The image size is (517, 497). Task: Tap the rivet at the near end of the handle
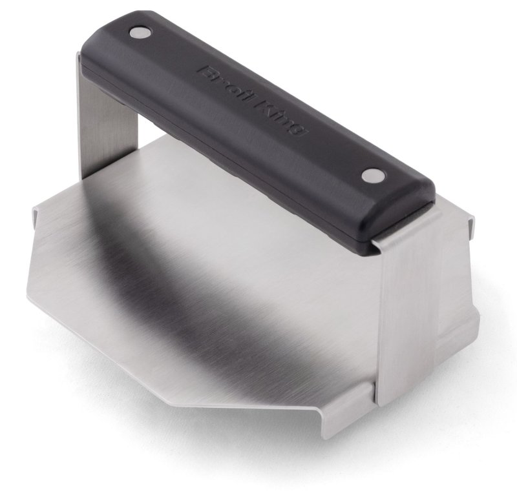point(373,175)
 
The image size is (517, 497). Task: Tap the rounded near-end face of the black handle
point(407,219)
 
